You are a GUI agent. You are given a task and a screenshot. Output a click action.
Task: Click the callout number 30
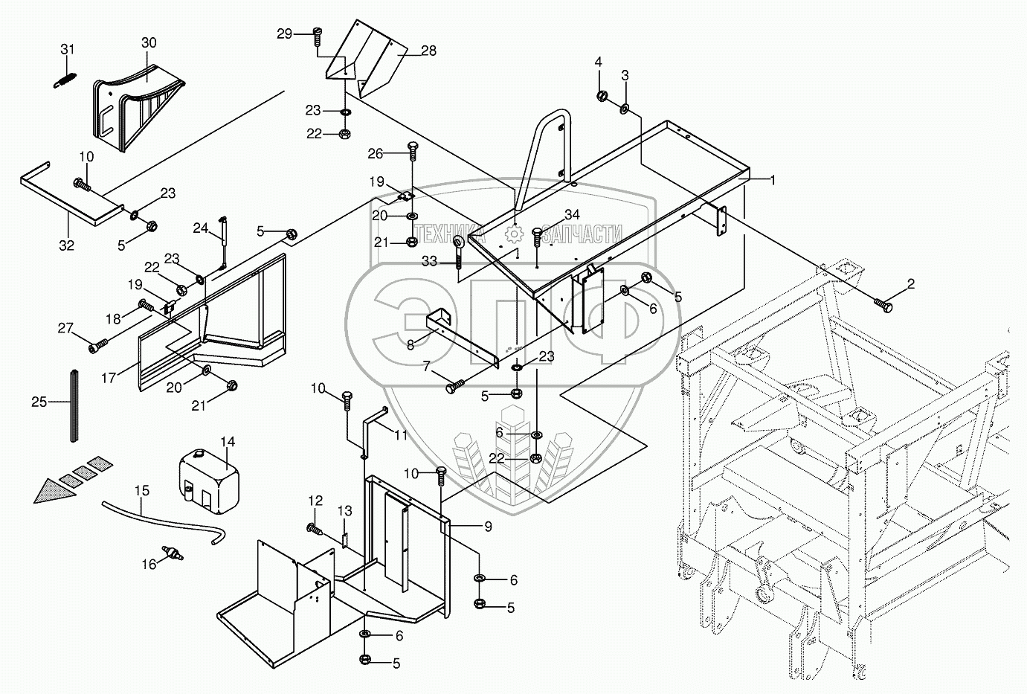(x=148, y=43)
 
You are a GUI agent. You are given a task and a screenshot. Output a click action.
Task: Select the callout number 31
(x=68, y=49)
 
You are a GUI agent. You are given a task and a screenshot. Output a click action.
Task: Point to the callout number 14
(x=227, y=442)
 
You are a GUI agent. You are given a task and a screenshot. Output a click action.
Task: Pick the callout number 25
(x=39, y=402)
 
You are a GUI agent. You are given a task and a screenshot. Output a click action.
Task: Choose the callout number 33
(x=430, y=261)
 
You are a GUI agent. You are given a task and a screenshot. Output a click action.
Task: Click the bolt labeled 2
(x=884, y=304)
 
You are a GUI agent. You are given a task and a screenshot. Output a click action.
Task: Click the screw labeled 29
(x=318, y=34)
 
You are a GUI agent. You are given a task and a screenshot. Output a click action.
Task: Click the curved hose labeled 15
(x=164, y=515)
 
